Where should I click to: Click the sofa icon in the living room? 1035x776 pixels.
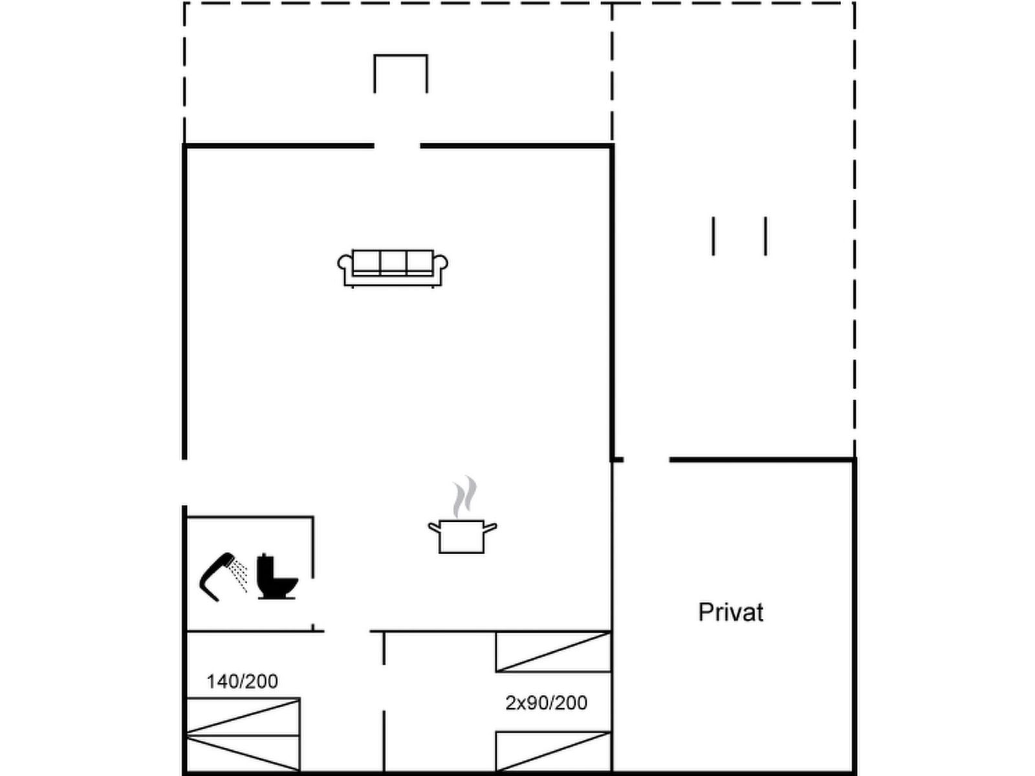coord(393,268)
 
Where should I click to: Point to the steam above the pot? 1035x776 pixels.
coord(464,497)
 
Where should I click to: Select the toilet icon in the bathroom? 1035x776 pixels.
coord(277,576)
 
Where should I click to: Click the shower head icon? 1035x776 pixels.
coord(223,577)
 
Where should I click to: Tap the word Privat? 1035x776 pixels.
coord(730,612)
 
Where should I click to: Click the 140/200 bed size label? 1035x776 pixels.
coord(243,682)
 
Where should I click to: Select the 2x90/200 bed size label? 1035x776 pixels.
coord(546,703)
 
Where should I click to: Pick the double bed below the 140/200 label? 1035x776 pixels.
coord(243,735)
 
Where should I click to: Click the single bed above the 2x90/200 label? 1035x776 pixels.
coord(554,652)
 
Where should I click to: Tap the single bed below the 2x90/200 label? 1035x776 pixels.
coord(554,751)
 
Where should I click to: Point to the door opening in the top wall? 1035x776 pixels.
coord(397,146)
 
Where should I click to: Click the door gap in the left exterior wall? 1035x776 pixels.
coord(184,482)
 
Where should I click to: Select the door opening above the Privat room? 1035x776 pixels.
coord(646,459)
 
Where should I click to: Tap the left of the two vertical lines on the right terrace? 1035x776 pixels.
coord(714,236)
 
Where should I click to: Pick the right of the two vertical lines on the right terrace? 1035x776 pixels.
coord(766,236)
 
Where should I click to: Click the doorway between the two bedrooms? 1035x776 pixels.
coord(384,687)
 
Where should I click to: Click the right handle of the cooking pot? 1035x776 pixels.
coord(490,528)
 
